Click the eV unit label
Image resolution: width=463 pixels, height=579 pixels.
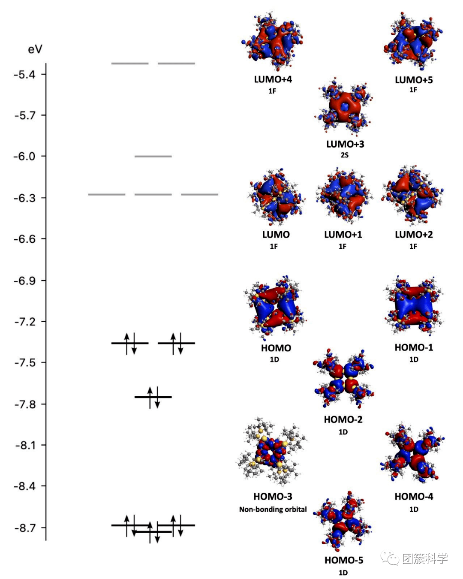35,49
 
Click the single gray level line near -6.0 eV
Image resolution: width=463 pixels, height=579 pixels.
153,157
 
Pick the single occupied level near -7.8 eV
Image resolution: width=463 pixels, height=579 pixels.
153,397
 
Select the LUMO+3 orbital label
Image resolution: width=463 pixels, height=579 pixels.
345,144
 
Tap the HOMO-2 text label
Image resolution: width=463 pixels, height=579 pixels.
343,419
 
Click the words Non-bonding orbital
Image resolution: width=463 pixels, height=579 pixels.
273,510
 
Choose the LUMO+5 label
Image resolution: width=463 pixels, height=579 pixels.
414,80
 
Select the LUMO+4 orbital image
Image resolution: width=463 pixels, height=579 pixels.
272,42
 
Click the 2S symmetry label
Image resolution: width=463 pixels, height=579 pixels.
345,155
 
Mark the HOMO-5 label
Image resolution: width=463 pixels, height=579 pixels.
343,560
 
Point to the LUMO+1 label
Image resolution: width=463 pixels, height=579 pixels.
343,235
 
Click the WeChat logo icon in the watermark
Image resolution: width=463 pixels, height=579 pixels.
390,558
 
